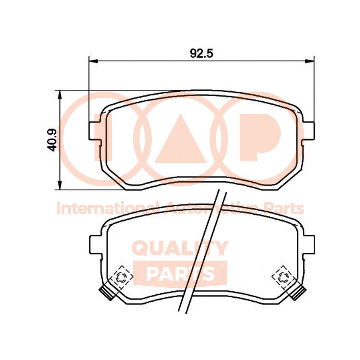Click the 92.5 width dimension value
point(201,53)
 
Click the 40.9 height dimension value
point(52,140)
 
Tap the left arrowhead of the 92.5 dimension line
point(93,61)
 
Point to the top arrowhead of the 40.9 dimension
point(60,95)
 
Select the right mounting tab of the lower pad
point(309,245)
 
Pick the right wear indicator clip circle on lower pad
point(284,276)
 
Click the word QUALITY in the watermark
point(180,248)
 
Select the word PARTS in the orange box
point(180,273)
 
